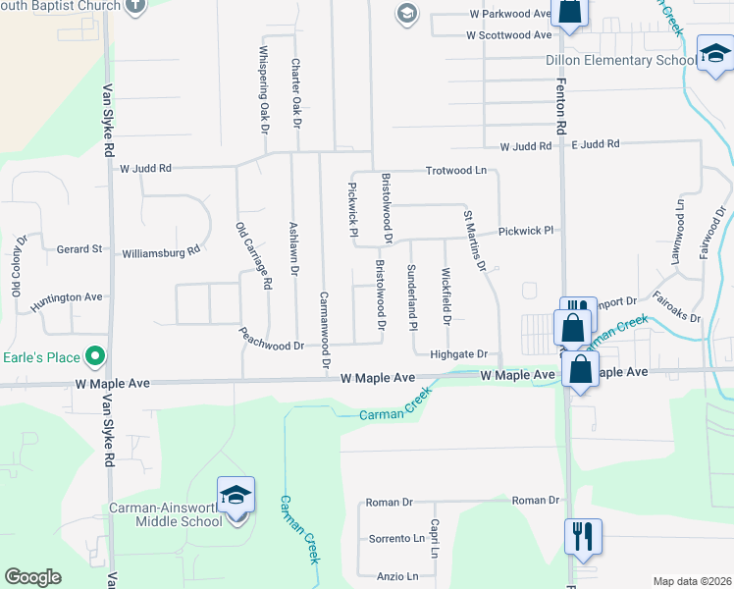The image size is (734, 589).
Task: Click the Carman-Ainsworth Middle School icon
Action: pos(236,496)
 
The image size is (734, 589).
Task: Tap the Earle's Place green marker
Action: pos(95,354)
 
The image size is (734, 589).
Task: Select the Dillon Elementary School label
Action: pos(635,60)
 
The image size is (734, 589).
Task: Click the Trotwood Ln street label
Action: pos(455,171)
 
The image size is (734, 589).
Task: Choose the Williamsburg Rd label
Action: pos(161,251)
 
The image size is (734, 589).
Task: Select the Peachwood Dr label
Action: pos(271,346)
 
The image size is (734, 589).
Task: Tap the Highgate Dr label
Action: pos(459,353)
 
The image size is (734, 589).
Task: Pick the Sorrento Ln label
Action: pos(396,539)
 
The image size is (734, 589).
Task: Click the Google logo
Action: pos(33,577)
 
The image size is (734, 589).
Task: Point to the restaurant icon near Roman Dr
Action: pos(581,536)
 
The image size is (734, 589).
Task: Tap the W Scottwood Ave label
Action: pos(509,34)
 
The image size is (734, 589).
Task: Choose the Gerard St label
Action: pos(79,249)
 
